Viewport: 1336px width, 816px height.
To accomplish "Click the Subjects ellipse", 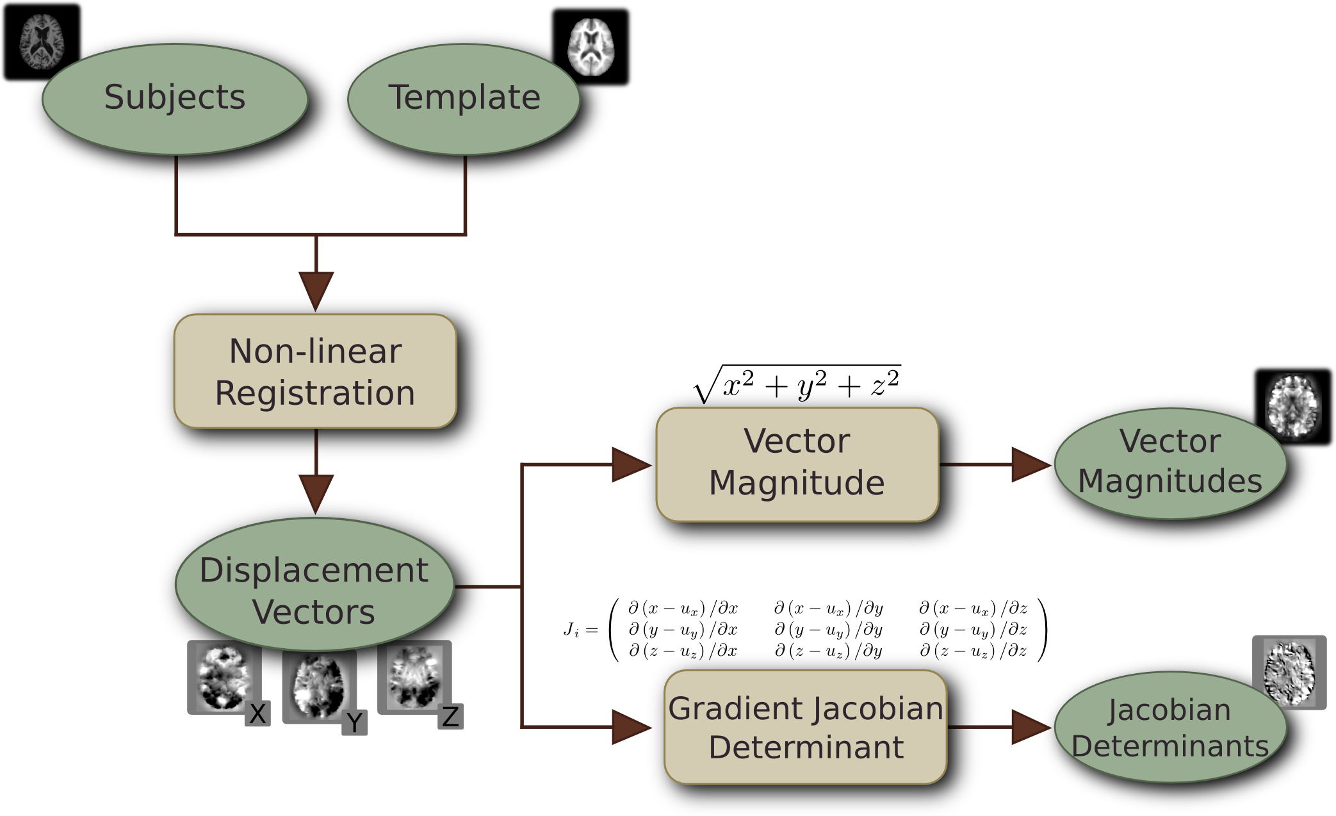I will [x=175, y=99].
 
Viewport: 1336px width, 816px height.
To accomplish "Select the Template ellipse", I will [x=464, y=99].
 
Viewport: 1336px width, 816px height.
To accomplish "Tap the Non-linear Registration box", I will [x=315, y=371].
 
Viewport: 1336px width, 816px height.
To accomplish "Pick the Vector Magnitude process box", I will [x=797, y=464].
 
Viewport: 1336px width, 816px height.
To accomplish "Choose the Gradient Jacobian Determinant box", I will [x=806, y=727].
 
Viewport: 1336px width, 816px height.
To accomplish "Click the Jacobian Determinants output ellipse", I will [x=1170, y=728].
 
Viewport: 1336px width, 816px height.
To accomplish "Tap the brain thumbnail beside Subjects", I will [x=42, y=41].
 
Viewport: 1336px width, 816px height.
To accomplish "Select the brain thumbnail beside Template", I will [x=591, y=46].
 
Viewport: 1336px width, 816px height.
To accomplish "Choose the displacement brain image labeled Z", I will [x=414, y=676].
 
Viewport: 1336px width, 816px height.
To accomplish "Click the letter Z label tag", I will [x=451, y=717].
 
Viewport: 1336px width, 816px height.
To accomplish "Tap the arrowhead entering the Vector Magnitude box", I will [x=630, y=464].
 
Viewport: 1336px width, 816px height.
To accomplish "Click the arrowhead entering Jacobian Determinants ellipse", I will [x=1030, y=728].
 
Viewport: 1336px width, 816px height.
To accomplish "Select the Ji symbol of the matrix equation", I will [x=572, y=630].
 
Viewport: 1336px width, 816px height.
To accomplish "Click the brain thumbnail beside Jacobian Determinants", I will [x=1289, y=671].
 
